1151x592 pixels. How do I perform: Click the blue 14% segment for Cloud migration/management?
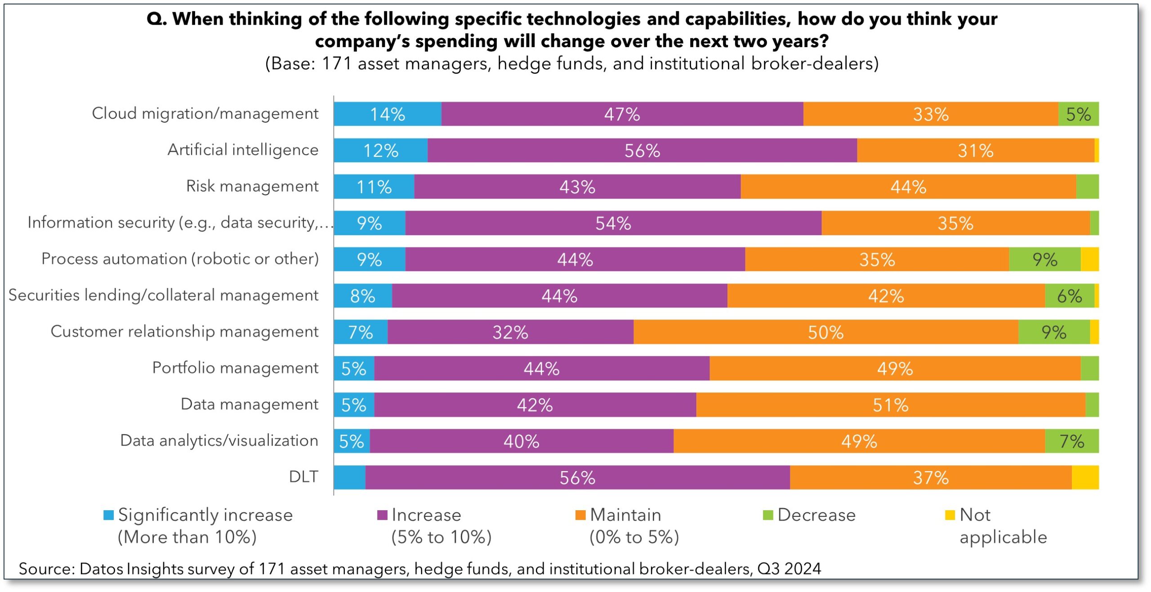coord(387,114)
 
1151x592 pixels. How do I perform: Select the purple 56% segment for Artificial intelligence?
coord(642,151)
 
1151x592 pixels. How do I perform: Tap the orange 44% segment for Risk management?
coord(908,187)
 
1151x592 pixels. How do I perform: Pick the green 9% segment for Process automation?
coord(1044,259)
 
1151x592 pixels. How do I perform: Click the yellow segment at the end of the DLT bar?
coord(1085,477)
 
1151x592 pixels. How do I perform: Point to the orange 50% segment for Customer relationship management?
coord(825,332)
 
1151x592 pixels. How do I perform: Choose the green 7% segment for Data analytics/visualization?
coord(1071,441)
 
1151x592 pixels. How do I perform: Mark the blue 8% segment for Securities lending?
coord(362,296)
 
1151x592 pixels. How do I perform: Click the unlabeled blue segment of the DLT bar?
coord(349,477)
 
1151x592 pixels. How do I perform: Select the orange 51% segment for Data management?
coord(890,405)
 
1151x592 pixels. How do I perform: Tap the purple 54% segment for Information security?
coord(613,223)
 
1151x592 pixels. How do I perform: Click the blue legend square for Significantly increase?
coord(108,515)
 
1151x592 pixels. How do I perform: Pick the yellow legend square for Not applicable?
coord(950,515)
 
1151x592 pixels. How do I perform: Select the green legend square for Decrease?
coord(768,515)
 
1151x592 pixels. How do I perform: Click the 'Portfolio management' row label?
coord(235,368)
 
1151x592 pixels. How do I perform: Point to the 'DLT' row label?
coord(303,477)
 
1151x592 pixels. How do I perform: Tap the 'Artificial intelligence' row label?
coord(243,150)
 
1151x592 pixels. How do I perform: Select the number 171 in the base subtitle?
coord(336,64)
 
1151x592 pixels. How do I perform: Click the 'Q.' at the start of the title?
coord(156,19)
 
